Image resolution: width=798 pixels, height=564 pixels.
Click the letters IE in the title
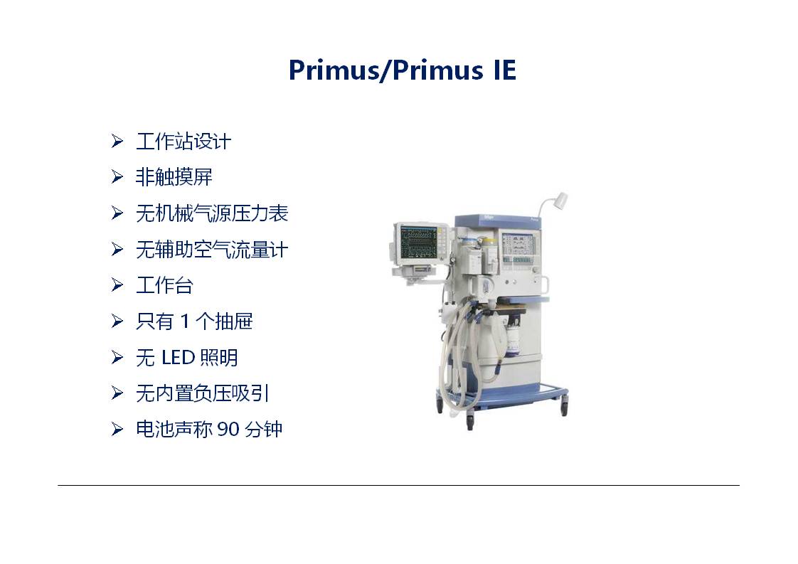tap(505, 70)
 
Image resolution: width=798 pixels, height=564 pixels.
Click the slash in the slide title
tap(386, 70)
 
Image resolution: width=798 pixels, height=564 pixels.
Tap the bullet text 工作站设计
tap(183, 141)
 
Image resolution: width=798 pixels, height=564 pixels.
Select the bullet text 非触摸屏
tap(174, 177)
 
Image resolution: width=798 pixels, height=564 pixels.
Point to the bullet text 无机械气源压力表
tap(212, 213)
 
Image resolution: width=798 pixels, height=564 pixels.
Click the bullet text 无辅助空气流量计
tap(212, 250)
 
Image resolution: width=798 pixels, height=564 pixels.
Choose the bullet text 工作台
tap(164, 285)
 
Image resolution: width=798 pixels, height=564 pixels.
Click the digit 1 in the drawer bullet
tap(185, 321)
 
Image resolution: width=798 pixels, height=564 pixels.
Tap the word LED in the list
tap(178, 358)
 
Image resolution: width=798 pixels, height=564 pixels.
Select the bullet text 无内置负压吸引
tap(203, 393)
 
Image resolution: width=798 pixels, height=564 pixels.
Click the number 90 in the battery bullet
tap(228, 430)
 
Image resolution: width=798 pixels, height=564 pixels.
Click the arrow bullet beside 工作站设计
tap(117, 141)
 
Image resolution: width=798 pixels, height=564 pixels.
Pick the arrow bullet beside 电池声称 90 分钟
tap(117, 430)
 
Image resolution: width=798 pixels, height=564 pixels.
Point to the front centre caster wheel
tap(469, 421)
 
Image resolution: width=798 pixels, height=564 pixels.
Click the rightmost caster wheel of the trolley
tap(564, 408)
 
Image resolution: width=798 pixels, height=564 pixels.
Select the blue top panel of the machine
tap(498, 220)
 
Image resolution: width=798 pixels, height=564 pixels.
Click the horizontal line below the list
tap(398, 486)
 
